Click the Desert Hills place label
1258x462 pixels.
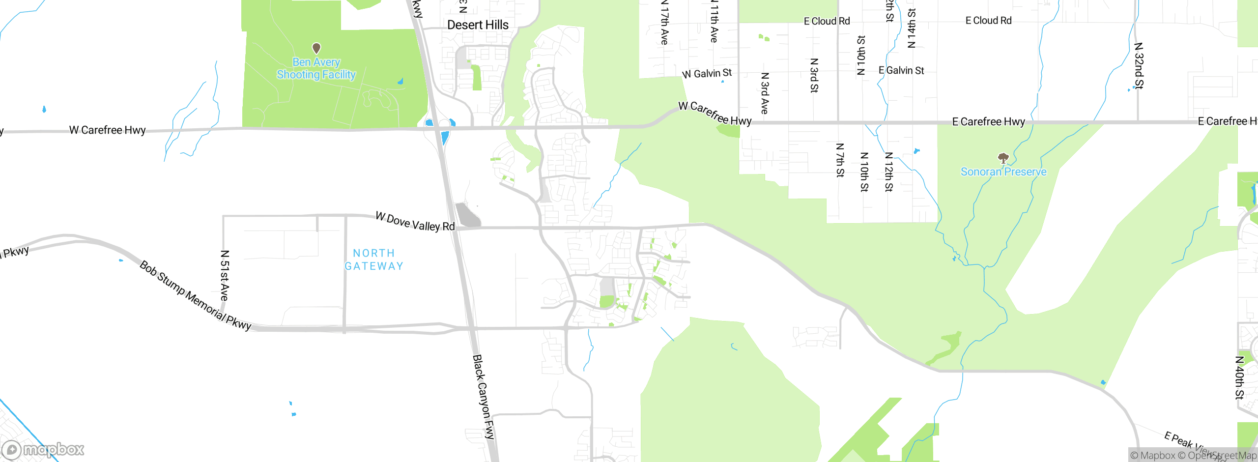(x=478, y=25)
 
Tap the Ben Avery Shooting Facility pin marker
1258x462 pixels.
(x=316, y=48)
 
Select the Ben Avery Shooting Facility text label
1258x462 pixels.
(x=316, y=68)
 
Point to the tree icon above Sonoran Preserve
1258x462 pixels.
(x=1003, y=158)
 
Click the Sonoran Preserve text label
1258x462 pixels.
(x=1003, y=172)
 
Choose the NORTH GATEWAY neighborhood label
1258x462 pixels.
(x=374, y=260)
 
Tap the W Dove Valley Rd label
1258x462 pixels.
(x=415, y=222)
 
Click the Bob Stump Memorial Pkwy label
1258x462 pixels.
(x=195, y=295)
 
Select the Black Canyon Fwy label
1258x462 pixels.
(x=483, y=396)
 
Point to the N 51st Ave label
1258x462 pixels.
(x=225, y=275)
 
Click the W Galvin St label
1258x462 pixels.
(x=707, y=74)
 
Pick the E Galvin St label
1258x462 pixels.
(x=901, y=71)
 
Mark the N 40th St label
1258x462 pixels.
(x=1240, y=377)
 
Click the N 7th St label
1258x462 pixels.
(x=840, y=160)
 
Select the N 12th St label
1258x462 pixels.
(x=889, y=172)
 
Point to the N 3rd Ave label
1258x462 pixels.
(x=765, y=93)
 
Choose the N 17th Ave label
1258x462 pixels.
(x=664, y=23)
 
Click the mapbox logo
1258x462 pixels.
(x=43, y=450)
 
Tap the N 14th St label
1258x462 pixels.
(x=912, y=28)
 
